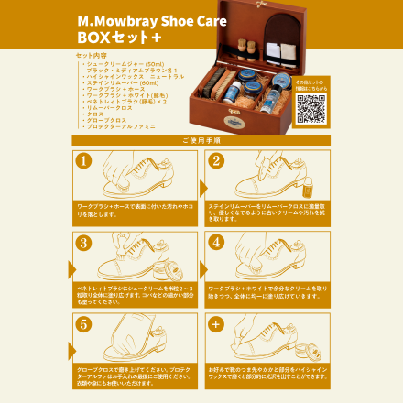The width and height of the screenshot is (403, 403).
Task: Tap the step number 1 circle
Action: coord(84,160)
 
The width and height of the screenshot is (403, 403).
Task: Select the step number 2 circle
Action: coord(216,160)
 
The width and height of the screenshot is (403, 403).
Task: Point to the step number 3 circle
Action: coord(84,243)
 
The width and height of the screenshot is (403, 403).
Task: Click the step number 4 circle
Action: coord(216,243)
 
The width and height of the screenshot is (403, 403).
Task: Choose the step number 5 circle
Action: coord(84,324)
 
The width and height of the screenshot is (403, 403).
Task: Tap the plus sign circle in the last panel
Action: coord(216,324)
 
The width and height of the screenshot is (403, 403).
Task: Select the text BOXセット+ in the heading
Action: coord(118,40)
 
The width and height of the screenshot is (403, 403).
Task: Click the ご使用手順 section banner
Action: coord(201,140)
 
